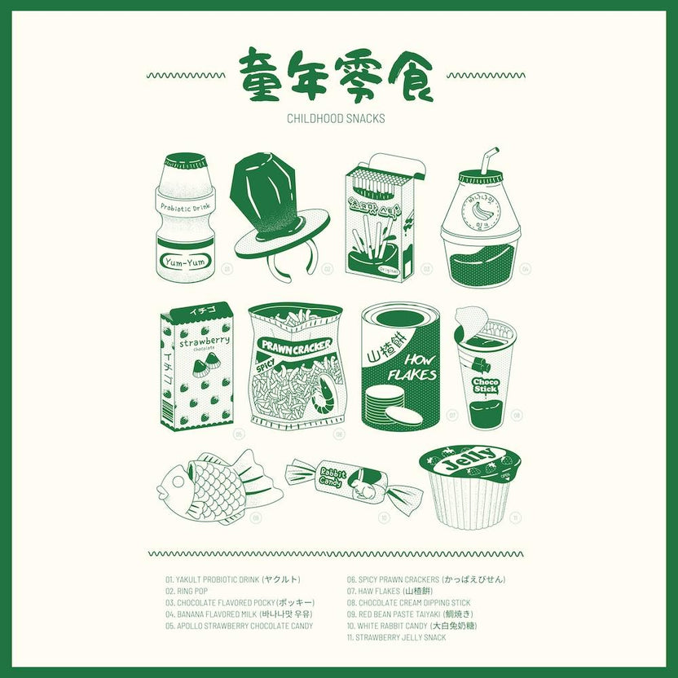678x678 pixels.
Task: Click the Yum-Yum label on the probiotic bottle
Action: coord(185,262)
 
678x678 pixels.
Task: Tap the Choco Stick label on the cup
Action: coord(486,384)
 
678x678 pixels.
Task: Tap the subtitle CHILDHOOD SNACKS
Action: coord(336,118)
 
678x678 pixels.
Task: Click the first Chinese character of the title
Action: coord(263,75)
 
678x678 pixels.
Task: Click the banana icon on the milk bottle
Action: coord(481,211)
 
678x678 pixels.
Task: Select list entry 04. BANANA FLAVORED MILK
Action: coord(239,614)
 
